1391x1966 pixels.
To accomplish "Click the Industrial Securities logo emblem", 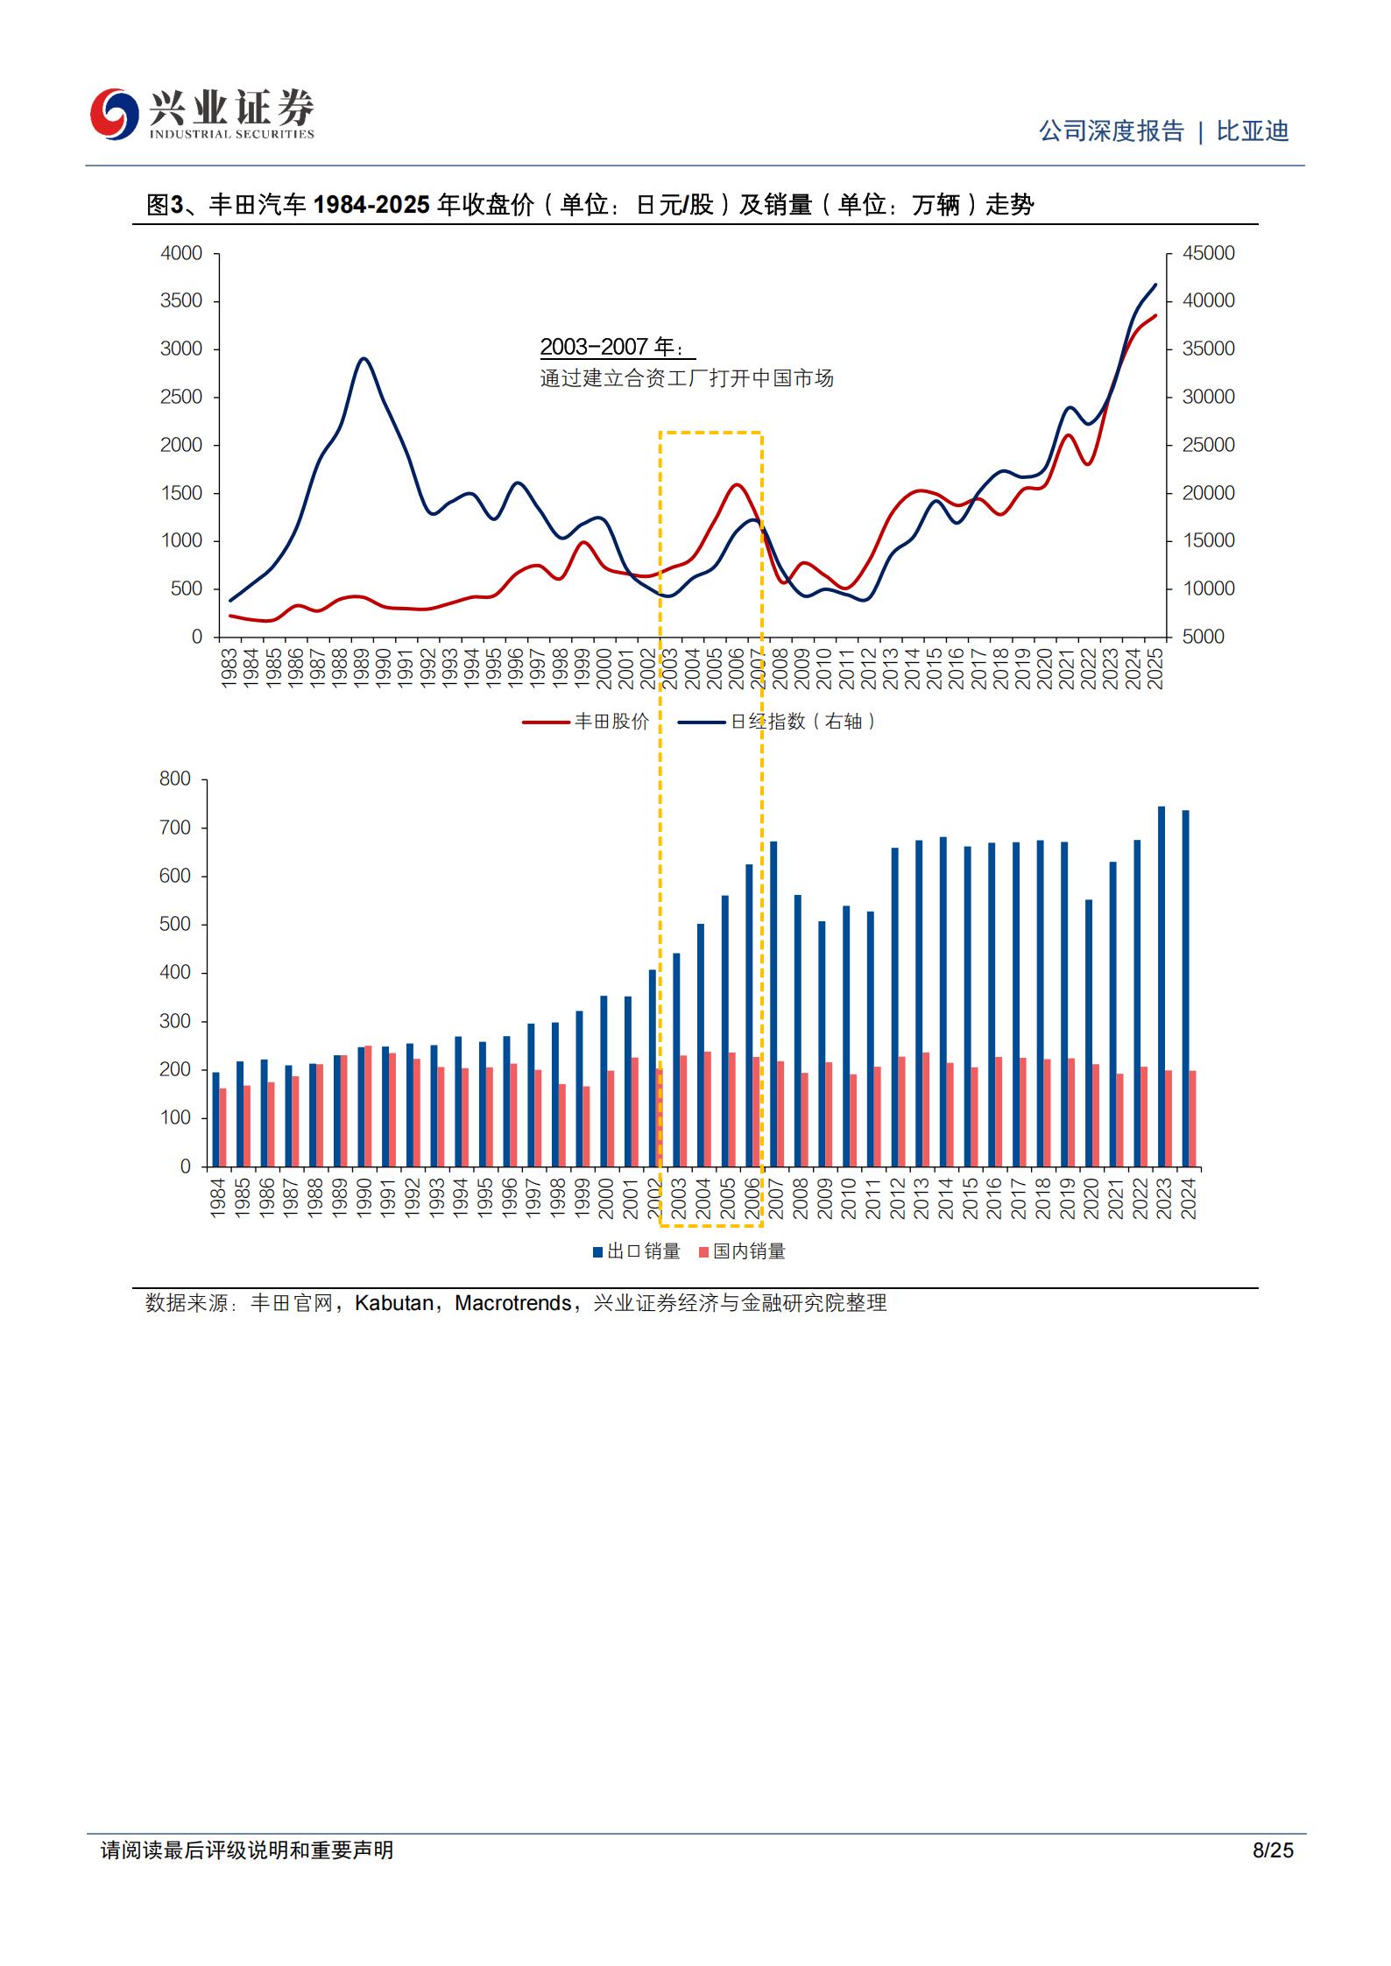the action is (115, 114).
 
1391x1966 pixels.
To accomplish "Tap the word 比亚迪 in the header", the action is (1253, 131).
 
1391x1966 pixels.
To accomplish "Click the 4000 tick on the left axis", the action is (181, 253).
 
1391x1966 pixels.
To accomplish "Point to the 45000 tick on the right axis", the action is (1209, 253).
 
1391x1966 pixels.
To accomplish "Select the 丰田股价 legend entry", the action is (586, 722).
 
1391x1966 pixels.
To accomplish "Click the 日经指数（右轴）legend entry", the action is (778, 722).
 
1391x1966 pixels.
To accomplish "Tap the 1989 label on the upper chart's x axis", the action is (362, 668).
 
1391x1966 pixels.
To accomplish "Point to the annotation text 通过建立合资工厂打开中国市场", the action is (687, 378).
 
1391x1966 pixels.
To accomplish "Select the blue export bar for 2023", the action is (1162, 987).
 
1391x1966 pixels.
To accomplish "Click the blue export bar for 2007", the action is (773, 1004).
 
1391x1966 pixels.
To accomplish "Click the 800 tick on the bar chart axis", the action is (175, 779).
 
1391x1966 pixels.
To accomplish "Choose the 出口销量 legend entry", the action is (637, 1251).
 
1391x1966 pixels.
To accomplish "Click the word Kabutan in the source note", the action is (394, 1303).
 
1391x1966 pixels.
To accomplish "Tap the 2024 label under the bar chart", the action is (1189, 1197).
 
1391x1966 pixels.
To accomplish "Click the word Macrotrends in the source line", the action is (513, 1303).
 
